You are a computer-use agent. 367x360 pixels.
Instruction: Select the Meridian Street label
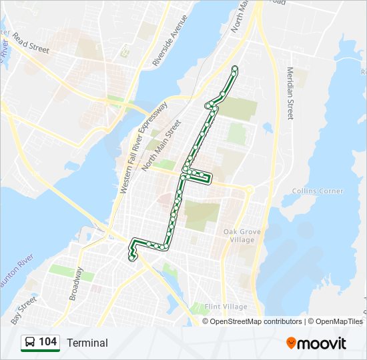pos(290,93)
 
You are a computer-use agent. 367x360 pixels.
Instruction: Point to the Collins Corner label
pos(318,191)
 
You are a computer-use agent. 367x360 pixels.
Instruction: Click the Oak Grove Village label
pos(239,235)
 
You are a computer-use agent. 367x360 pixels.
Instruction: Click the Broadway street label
pos(77,284)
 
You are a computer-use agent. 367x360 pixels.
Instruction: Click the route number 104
pos(47,342)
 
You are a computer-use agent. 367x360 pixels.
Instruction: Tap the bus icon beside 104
pos(29,343)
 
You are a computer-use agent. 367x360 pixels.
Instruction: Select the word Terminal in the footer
pos(87,343)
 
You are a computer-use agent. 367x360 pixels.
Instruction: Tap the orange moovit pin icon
pos(292,343)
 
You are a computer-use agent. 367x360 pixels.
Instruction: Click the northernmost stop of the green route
pos(235,68)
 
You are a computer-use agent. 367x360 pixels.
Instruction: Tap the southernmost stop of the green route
pos(132,257)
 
